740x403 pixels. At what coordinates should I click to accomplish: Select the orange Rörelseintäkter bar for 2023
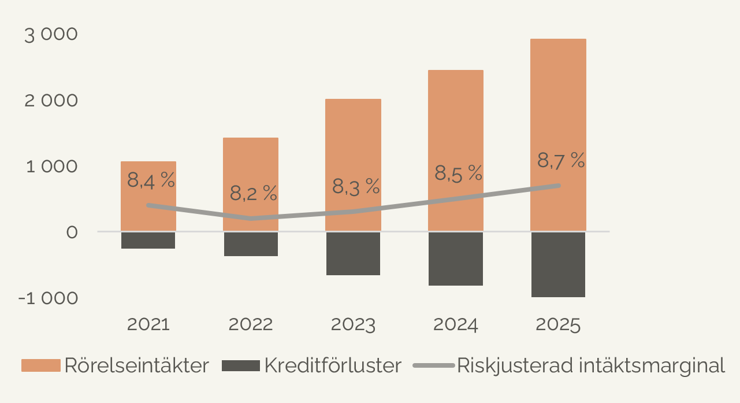[353, 145]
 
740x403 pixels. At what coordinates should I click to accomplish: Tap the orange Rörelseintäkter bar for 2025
[558, 104]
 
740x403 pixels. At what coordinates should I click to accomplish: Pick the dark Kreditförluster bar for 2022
[251, 244]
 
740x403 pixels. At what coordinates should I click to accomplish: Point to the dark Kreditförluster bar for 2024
[455, 258]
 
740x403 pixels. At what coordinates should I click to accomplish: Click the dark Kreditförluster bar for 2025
[558, 264]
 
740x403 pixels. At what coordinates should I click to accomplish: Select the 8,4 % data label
[151, 180]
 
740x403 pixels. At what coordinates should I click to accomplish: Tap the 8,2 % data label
[254, 193]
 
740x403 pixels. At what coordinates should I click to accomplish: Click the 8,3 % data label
[356, 186]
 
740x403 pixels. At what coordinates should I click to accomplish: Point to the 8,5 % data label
[458, 173]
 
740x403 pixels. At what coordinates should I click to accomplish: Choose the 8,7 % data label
[561, 160]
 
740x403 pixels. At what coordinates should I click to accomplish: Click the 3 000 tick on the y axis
[51, 34]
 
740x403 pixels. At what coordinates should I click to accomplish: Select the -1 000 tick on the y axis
[47, 298]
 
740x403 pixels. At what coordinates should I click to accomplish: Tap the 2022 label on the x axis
[251, 324]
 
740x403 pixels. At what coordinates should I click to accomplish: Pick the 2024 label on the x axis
[455, 324]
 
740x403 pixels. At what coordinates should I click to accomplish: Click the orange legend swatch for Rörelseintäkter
[41, 365]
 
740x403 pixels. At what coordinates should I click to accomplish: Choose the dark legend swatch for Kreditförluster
[241, 365]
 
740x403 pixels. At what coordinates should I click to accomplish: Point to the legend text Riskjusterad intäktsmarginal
[590, 365]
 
